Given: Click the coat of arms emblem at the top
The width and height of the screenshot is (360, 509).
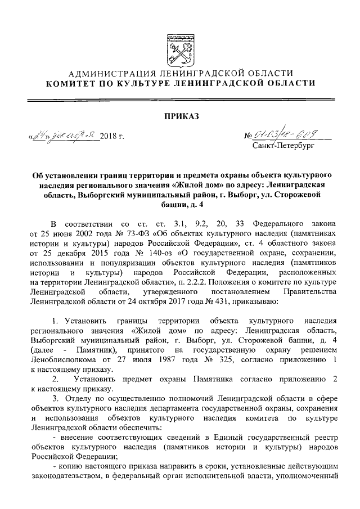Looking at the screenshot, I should tap(180, 49).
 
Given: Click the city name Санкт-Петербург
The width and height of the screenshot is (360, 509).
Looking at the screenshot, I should tap(285, 146).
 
